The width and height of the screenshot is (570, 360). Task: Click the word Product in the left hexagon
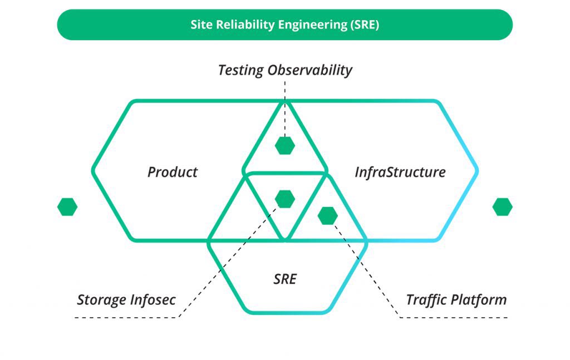173,172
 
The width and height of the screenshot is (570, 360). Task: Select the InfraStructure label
400,172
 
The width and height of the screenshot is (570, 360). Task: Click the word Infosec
153,300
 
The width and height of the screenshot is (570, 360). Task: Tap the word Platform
479,300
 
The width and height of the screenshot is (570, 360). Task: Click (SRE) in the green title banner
365,25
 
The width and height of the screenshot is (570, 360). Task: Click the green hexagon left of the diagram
67,207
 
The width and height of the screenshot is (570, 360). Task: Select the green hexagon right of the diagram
503,207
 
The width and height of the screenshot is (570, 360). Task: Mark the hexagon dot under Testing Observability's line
285,146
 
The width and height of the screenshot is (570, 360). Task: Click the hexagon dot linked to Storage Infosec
285,199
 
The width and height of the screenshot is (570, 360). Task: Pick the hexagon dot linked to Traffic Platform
328,216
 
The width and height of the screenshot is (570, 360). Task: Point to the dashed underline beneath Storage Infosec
127,318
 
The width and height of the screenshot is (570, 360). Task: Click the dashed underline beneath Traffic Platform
454,318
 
